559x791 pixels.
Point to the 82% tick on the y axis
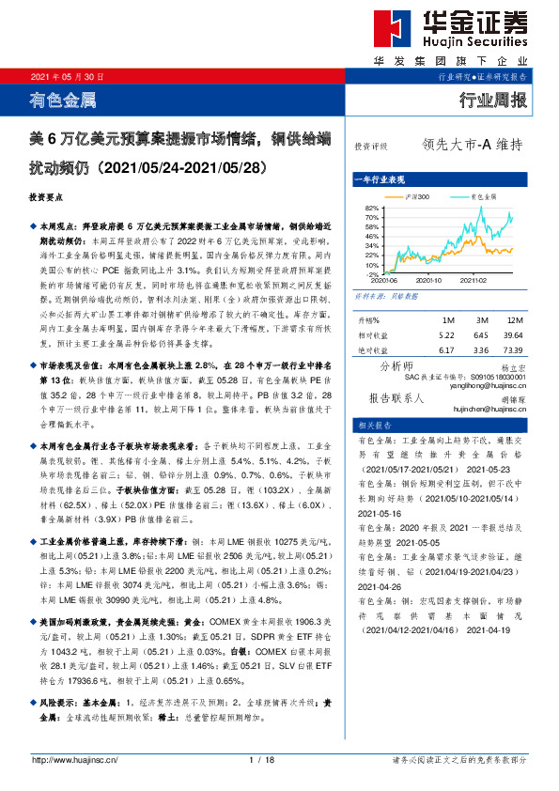[x=371, y=208]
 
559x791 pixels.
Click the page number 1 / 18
[x=261, y=759]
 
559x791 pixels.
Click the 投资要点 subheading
[x=47, y=199]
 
